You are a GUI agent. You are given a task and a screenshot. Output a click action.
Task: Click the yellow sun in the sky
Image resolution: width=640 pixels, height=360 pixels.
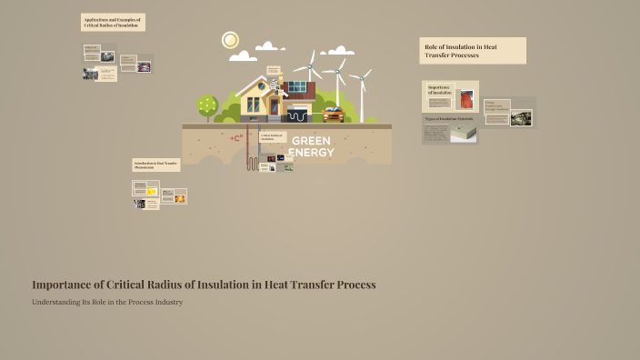tap(230, 40)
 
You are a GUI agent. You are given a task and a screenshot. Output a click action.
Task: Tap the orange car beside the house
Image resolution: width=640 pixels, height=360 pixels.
tap(333, 114)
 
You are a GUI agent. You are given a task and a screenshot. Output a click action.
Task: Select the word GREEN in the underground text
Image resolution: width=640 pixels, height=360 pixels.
tap(311, 141)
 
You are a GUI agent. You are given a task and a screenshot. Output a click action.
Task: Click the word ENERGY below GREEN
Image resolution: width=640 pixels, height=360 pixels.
tap(311, 152)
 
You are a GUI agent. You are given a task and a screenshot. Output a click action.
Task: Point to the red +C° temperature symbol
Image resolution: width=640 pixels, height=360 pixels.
tap(237, 138)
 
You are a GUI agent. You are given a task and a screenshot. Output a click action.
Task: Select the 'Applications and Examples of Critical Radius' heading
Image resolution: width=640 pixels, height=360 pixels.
tap(113, 23)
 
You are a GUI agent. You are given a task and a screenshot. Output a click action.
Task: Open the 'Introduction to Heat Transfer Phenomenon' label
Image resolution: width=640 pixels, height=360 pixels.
tap(155, 165)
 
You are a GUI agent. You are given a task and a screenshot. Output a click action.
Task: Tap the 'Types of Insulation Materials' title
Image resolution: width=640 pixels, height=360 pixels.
tap(449, 119)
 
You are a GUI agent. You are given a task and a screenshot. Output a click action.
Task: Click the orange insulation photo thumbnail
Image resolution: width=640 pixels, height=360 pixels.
tap(467, 98)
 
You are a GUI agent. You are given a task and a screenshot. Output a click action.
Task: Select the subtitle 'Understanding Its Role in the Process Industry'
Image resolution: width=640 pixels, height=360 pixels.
tap(107, 302)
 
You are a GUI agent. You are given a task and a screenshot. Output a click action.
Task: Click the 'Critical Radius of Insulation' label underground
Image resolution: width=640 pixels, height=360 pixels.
tap(271, 137)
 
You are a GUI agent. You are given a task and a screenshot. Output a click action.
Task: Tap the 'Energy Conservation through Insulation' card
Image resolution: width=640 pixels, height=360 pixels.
tap(496, 107)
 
